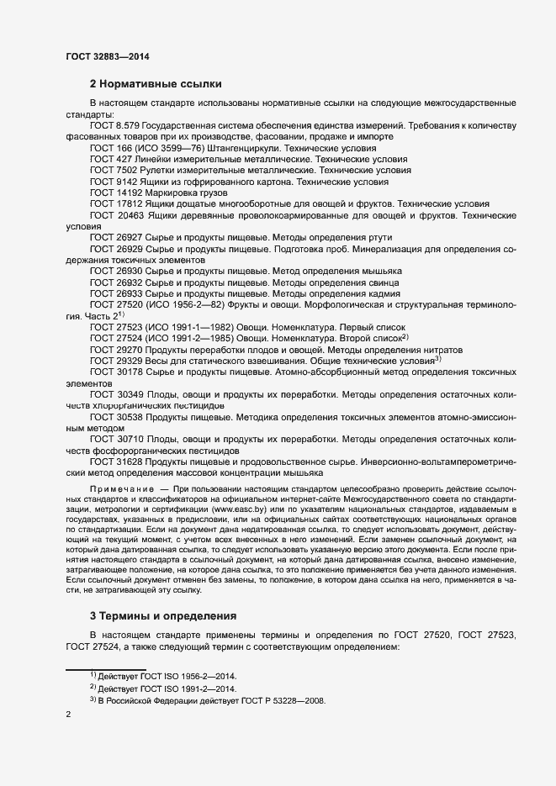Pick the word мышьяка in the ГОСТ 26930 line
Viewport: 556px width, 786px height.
pos(381,272)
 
